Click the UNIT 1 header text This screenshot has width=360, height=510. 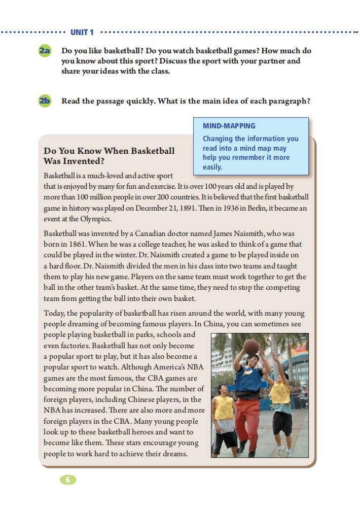(82, 32)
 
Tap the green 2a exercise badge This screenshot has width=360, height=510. (45, 51)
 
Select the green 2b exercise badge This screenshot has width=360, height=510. (45, 100)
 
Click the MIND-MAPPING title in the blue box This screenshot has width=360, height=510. (229, 126)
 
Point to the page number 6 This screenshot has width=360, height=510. (67, 480)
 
